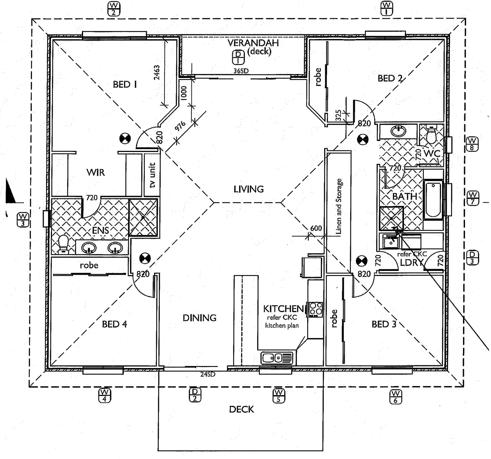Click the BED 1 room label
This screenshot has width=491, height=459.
(125, 84)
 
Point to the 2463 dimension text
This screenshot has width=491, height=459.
(157, 72)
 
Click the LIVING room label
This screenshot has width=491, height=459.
(249, 189)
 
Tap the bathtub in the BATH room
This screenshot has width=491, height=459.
(433, 200)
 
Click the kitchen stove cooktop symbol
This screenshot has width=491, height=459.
(316, 309)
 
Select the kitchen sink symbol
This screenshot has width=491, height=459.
(277, 358)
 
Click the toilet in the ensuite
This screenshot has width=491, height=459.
(63, 244)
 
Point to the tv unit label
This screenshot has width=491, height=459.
(152, 175)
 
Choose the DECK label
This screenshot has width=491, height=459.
(241, 409)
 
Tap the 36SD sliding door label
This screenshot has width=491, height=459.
(241, 71)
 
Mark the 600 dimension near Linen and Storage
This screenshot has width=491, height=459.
(316, 228)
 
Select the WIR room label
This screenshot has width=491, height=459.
(96, 172)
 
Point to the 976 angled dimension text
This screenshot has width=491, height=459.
(180, 126)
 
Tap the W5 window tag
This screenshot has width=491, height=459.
(279, 396)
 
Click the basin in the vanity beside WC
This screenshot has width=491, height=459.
(398, 131)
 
